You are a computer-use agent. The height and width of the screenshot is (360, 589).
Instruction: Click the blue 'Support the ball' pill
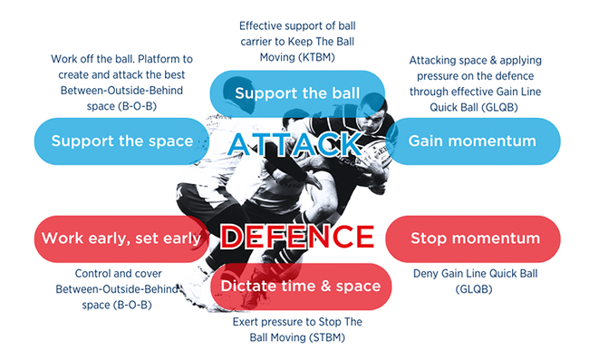[x=297, y=92]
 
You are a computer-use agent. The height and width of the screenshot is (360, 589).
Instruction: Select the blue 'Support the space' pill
[x=121, y=141]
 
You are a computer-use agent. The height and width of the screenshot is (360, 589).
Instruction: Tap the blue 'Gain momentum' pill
[x=472, y=141]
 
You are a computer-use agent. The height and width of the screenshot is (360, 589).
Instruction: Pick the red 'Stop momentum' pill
[x=475, y=238]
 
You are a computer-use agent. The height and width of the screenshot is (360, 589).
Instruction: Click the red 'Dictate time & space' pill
[x=302, y=287]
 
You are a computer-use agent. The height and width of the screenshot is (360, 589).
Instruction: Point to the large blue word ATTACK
[x=294, y=143]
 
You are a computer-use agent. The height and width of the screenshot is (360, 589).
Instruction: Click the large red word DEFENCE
[x=294, y=238]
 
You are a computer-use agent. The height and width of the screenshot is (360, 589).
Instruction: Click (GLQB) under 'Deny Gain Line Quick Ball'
[x=476, y=288]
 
